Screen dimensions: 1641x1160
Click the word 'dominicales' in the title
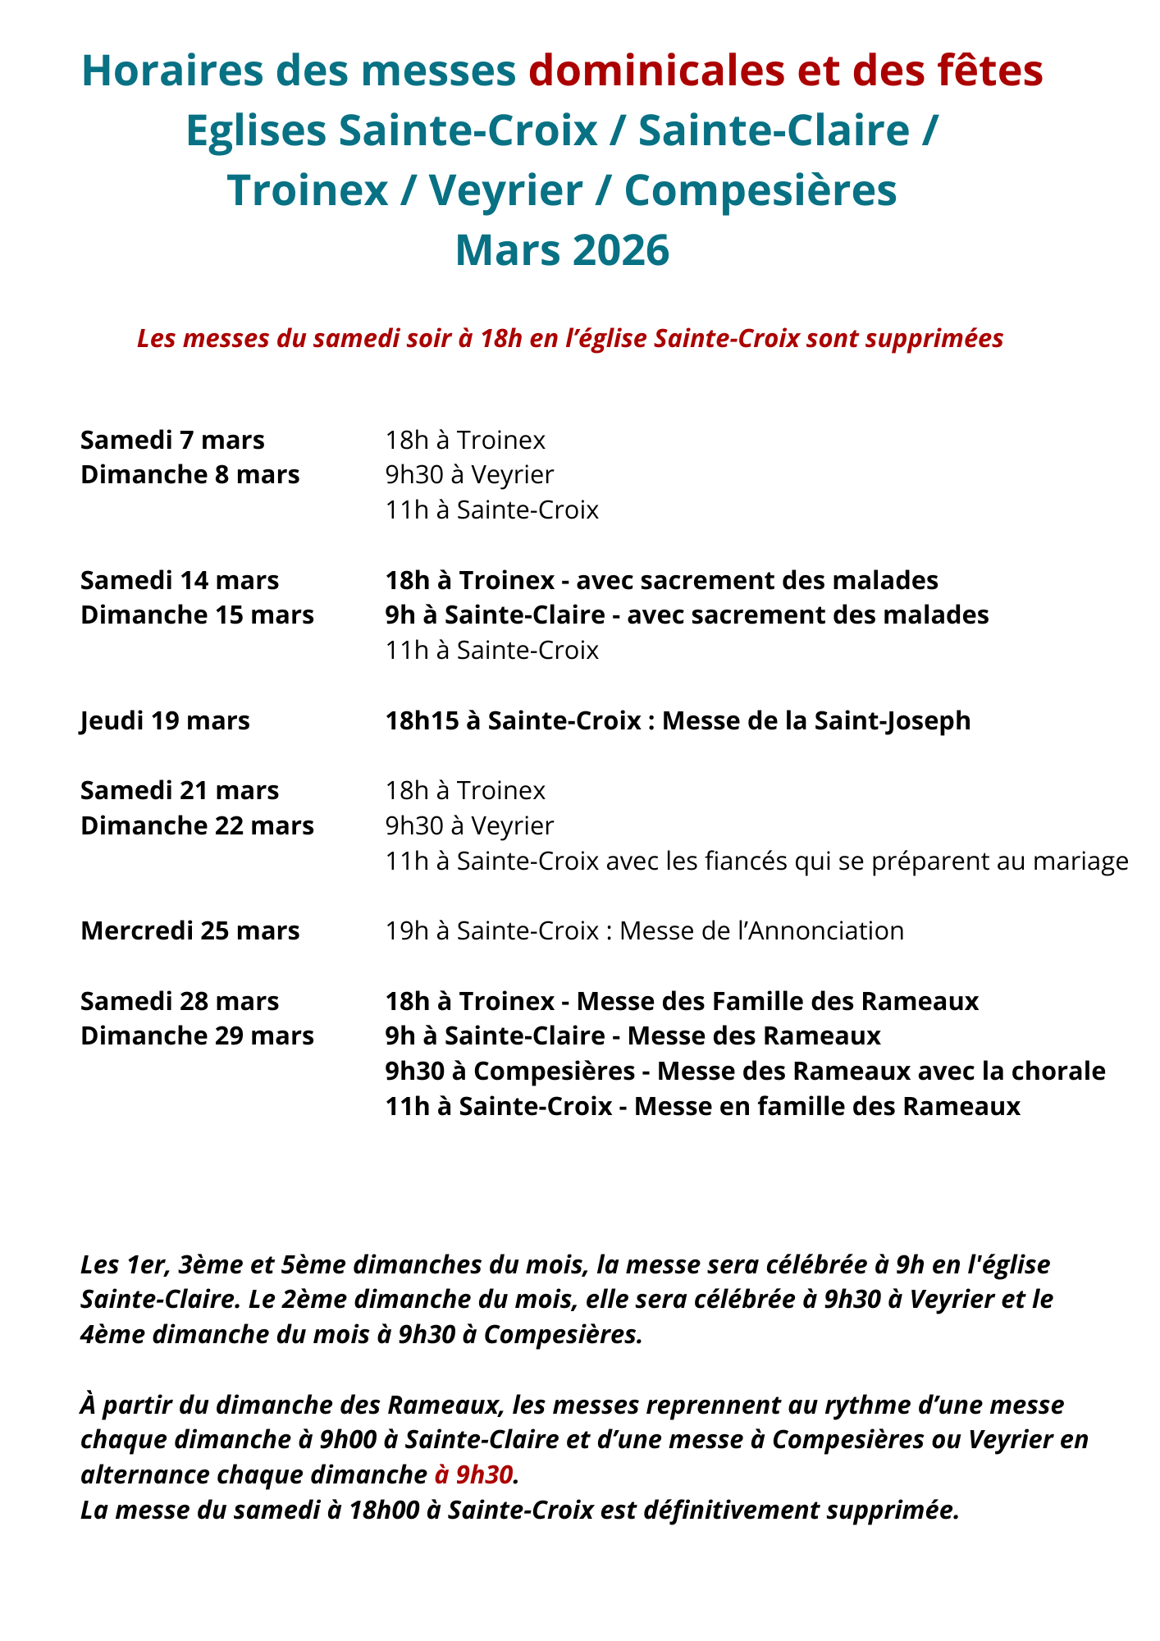click(655, 71)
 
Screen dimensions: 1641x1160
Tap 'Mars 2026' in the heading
click(563, 250)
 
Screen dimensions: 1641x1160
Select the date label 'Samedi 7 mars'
click(172, 441)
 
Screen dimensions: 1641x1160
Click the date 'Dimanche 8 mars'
click(190, 475)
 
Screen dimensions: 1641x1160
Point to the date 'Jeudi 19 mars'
click(165, 721)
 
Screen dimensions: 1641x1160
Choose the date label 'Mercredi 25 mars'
click(190, 931)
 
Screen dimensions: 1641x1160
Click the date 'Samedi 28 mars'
click(180, 1002)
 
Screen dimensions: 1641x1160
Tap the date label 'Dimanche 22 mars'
click(197, 826)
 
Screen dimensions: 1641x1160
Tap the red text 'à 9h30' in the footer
click(473, 1475)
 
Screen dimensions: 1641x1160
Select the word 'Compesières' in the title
click(760, 190)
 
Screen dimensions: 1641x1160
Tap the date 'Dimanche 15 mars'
click(197, 615)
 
